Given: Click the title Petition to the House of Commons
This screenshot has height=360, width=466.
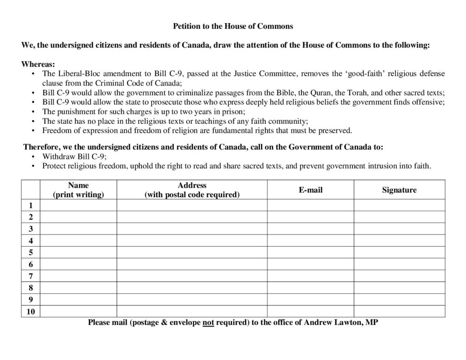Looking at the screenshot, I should (x=233, y=26).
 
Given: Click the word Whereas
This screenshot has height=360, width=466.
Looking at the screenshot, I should (x=37, y=65).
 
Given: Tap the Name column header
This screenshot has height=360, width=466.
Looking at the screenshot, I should (x=78, y=190).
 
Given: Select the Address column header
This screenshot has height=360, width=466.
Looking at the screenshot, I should (x=192, y=190).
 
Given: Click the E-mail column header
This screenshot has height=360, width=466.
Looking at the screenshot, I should (x=310, y=190).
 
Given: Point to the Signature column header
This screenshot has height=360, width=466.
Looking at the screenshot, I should (x=399, y=190).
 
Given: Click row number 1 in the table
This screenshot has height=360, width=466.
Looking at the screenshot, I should (x=30, y=205).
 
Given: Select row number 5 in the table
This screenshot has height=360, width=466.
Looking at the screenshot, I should (x=30, y=253).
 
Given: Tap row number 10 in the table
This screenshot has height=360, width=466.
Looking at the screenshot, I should (x=30, y=311).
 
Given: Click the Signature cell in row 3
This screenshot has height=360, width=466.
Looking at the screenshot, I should (x=399, y=229).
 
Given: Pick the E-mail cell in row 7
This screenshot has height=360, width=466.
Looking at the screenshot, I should (x=310, y=276).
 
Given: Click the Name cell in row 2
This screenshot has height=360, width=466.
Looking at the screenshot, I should (x=78, y=217).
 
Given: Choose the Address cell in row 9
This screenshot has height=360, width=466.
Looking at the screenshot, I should (x=192, y=299).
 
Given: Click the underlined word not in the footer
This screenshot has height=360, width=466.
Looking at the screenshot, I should (x=208, y=323).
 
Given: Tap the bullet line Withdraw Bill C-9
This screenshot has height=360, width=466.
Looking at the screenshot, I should (x=75, y=157).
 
